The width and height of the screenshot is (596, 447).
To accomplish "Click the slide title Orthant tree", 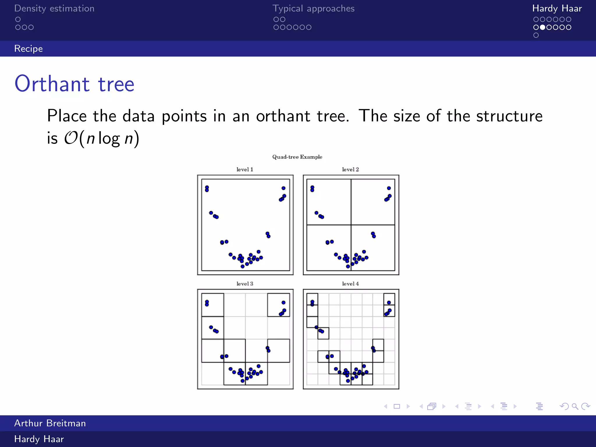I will point(74,84).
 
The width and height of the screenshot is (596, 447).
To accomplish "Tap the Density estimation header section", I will point(54,8).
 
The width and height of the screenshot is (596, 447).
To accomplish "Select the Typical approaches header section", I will point(313,8).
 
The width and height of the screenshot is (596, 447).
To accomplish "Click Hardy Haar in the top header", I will point(557,8).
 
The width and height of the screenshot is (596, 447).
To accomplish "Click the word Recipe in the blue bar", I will point(29,49).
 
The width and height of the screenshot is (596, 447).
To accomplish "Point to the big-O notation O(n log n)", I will point(102,138).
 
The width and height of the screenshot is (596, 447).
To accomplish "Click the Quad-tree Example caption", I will point(297,157).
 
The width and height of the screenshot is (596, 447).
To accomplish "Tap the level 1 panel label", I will point(245,169).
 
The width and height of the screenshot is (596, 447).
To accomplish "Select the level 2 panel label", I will point(350,169).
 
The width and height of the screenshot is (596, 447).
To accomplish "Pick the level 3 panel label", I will point(245,284).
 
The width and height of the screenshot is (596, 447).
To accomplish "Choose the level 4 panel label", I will point(350,284).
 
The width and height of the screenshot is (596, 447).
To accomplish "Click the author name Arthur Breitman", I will point(50,423).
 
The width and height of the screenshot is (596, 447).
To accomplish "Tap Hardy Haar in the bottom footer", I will point(39,439).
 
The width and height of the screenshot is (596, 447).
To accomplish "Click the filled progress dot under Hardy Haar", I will point(542,27).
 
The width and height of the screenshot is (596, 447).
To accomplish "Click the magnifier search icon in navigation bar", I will point(575,406).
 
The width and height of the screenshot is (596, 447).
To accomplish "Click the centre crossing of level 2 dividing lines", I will point(351,225).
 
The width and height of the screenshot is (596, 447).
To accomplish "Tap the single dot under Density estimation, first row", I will point(18,19).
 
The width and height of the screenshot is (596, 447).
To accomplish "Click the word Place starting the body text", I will point(67,116).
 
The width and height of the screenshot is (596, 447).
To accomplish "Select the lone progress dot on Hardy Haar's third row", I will point(536,35).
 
